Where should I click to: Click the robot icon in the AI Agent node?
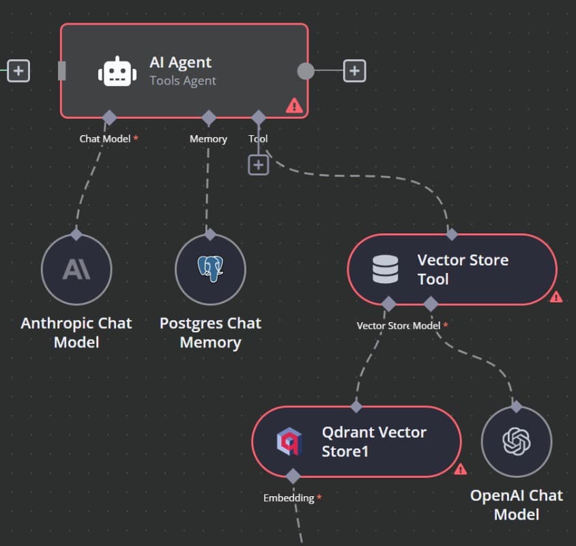click(x=117, y=71)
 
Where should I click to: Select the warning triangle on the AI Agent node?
click(x=294, y=105)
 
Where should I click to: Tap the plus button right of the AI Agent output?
click(x=354, y=70)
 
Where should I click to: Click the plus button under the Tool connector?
click(x=258, y=164)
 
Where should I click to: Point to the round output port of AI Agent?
click(x=306, y=71)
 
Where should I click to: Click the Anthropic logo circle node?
click(x=76, y=270)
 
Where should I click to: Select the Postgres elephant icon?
click(x=210, y=270)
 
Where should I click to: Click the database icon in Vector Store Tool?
click(x=386, y=269)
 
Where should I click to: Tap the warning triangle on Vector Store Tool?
click(x=556, y=297)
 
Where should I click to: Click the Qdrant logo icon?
click(x=289, y=442)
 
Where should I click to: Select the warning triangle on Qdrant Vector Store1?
click(x=461, y=469)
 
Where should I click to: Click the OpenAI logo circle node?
click(x=517, y=442)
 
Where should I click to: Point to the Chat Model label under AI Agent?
click(x=105, y=139)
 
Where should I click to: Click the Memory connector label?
click(x=208, y=139)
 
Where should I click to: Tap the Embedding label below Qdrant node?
click(x=289, y=498)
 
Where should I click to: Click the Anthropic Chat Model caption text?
click(x=76, y=332)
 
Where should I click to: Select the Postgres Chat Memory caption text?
click(x=210, y=332)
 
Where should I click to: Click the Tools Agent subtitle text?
click(x=183, y=81)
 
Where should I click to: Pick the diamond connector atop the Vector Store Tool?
click(x=452, y=235)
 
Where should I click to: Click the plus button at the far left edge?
click(x=18, y=70)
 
